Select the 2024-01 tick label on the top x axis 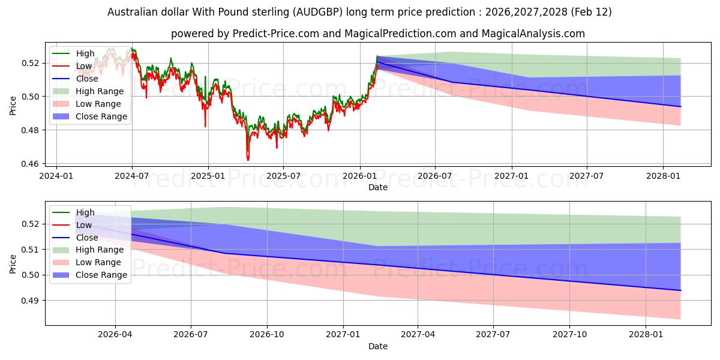[56, 177]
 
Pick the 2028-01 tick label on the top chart [663, 177]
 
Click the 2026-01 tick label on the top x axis [360, 177]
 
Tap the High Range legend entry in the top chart [99, 91]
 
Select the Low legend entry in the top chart [84, 66]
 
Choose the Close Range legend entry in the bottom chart [101, 275]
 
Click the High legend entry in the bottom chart [85, 212]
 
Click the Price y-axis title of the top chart [13, 106]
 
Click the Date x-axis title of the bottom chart [378, 346]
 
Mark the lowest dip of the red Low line [248, 160]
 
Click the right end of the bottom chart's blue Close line [680, 290]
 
